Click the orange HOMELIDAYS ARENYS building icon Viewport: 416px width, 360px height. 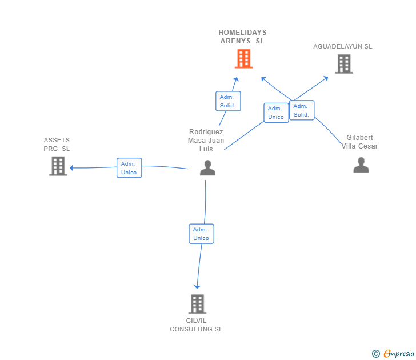[x=243, y=59]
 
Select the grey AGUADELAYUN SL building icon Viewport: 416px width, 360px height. [x=344, y=63]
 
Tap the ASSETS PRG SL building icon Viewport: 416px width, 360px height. [x=58, y=166]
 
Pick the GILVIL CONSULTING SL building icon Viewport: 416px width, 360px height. [x=197, y=304]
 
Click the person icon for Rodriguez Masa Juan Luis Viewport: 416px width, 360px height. [x=207, y=167]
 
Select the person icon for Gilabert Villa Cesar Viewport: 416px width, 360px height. [x=361, y=165]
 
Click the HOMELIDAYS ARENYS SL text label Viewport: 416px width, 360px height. [x=242, y=37]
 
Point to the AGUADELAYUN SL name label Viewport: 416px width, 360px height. [x=342, y=46]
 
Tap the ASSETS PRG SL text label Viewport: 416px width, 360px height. [x=57, y=145]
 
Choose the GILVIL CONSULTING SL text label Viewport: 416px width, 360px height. [x=196, y=325]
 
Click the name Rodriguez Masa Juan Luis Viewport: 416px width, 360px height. [x=206, y=141]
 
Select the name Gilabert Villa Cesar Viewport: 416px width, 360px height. [x=359, y=142]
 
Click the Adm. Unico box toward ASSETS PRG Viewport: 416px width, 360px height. [x=129, y=168]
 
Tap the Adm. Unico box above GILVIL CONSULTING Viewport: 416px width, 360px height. [x=201, y=234]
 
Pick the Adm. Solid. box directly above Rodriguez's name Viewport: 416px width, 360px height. [x=228, y=101]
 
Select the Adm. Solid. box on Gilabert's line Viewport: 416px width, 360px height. [x=302, y=110]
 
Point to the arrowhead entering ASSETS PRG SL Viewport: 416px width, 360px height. [x=71, y=167]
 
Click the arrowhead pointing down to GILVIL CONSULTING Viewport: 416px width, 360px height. [x=197, y=287]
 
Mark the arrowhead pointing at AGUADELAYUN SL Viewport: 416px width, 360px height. [x=326, y=78]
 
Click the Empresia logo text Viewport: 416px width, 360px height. [x=399, y=353]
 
